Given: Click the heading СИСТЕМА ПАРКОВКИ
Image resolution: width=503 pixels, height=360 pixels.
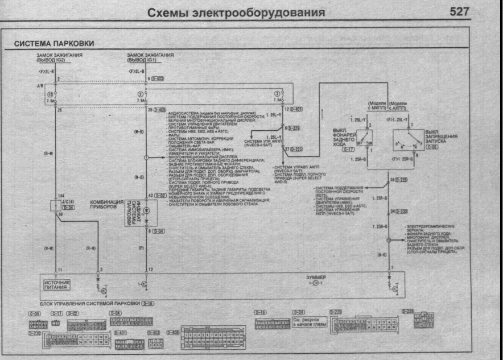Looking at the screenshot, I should coord(54,44).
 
